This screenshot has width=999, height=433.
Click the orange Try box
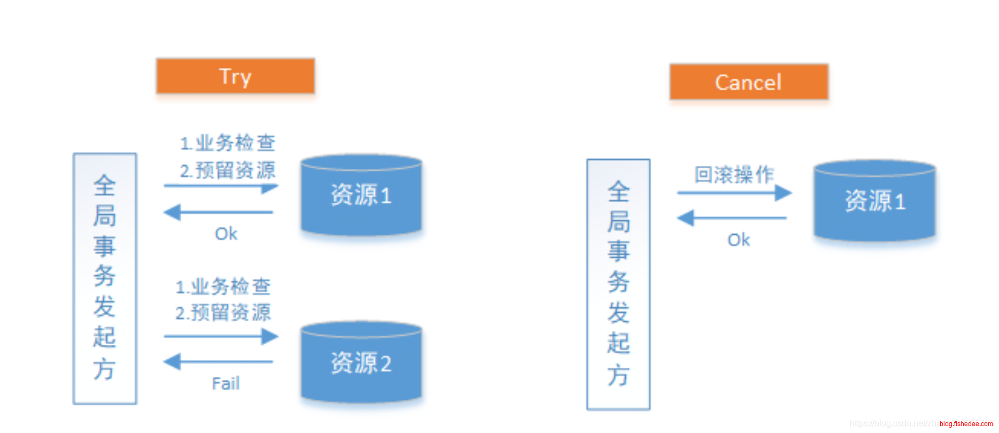click(235, 76)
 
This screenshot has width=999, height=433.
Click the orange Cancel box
click(749, 82)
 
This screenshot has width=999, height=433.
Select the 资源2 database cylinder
click(362, 362)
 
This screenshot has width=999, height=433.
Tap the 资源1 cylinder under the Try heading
click(362, 195)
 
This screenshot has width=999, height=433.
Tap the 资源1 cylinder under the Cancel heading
click(875, 201)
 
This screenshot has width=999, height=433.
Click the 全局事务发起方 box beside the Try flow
click(105, 279)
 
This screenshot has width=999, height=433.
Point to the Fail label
click(226, 383)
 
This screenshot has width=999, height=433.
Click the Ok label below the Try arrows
click(226, 234)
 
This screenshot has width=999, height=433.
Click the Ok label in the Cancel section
click(739, 240)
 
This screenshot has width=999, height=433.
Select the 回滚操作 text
click(734, 174)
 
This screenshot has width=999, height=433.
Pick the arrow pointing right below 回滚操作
click(734, 192)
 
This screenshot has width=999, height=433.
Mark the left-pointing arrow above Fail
click(219, 362)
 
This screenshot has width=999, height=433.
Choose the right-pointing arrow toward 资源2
click(221, 336)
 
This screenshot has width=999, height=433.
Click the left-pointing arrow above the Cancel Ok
click(732, 218)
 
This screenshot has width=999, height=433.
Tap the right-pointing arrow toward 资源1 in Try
click(221, 187)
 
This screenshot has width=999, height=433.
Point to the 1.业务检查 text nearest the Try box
click(228, 143)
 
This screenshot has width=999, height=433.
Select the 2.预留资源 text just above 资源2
click(224, 312)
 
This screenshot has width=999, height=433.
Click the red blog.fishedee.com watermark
click(966, 424)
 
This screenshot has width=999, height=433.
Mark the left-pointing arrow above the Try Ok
click(219, 212)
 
